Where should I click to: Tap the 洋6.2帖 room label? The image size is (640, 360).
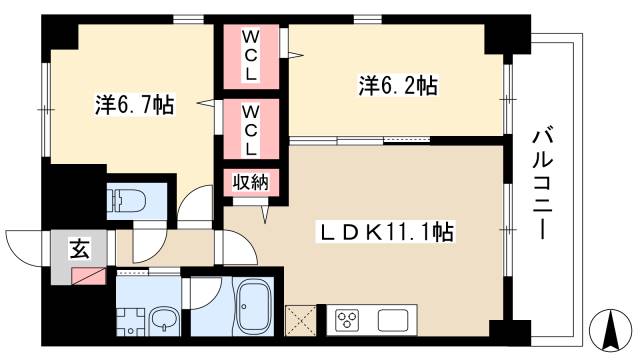(397, 86)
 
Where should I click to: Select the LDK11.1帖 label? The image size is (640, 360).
(387, 232)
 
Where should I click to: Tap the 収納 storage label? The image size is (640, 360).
(250, 183)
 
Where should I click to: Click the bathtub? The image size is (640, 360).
(253, 306)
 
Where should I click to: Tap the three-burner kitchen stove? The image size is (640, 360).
(347, 319)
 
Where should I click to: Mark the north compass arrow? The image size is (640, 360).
(605, 327)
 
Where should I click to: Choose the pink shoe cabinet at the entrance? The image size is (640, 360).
(87, 273)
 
